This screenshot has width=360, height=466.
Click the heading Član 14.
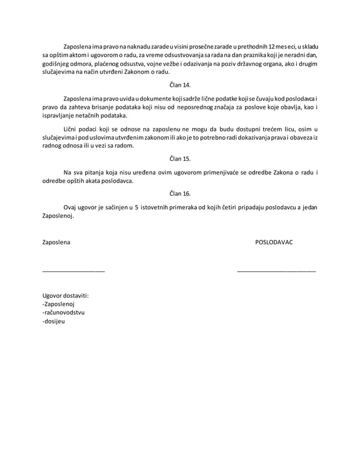[x=180, y=85]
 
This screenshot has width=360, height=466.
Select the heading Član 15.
[x=180, y=159]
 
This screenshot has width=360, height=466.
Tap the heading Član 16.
[x=180, y=194]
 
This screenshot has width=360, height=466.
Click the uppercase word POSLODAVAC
[x=274, y=242]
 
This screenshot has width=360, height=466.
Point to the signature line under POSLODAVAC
[x=276, y=271]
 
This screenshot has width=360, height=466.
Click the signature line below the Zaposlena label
[x=73, y=271]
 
